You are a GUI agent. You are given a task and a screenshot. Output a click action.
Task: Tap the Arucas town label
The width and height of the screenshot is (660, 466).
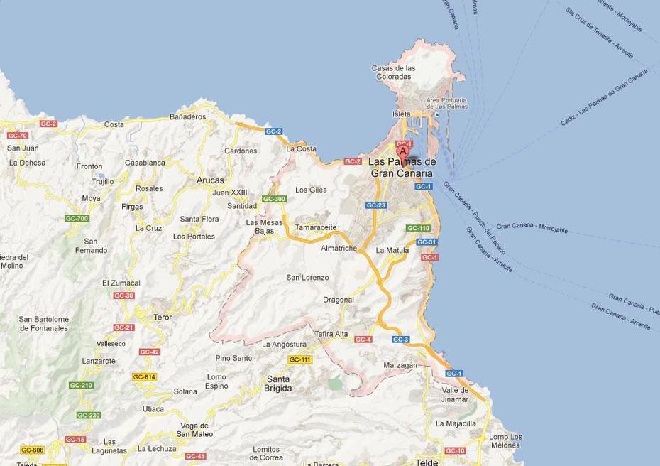pyautogui.click(x=209, y=180)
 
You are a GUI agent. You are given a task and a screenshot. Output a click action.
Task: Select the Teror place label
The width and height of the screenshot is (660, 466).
pyautogui.click(x=163, y=318)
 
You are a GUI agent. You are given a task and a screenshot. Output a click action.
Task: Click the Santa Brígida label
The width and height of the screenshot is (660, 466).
pyautogui.click(x=278, y=384)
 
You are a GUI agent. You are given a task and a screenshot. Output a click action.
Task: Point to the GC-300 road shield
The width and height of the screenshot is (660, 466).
pyautogui.click(x=274, y=199)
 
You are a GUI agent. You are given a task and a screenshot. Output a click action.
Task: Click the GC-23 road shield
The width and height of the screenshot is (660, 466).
pyautogui.click(x=376, y=205)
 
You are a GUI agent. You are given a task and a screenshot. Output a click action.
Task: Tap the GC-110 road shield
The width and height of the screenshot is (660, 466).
pyautogui.click(x=418, y=228)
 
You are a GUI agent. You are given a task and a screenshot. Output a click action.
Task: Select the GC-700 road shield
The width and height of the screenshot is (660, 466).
pyautogui.click(x=77, y=218)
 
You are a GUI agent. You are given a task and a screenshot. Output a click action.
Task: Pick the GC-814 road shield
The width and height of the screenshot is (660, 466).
pyautogui.click(x=144, y=377)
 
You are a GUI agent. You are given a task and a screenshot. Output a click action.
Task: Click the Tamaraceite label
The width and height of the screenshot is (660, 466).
pyautogui.click(x=316, y=227)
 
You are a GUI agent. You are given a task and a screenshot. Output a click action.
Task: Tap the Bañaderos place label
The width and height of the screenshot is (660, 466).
pyautogui.click(x=187, y=116)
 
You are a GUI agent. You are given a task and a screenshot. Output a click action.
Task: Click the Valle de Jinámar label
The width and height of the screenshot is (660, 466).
pyautogui.click(x=455, y=394)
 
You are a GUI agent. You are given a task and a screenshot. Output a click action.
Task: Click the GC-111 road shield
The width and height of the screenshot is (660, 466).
pyautogui.click(x=300, y=360)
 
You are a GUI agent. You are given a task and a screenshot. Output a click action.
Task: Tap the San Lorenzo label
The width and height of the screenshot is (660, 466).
pyautogui.click(x=307, y=277)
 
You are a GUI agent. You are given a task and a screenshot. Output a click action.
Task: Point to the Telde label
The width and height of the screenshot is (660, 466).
pyautogui.click(x=427, y=462)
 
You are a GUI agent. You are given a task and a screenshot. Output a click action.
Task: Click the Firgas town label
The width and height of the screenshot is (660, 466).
pyautogui.click(x=132, y=207)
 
